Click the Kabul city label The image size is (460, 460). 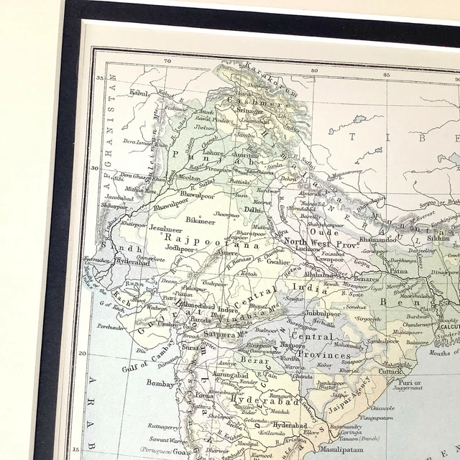(x=140, y=93)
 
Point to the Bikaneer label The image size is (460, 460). (x=201, y=220)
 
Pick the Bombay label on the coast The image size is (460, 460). (x=160, y=384)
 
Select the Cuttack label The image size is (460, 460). (x=391, y=371)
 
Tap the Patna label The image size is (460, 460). (x=398, y=271)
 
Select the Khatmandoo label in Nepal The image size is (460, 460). (x=378, y=239)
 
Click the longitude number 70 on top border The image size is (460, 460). (x=167, y=61)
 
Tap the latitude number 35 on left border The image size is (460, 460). (x=101, y=77)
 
